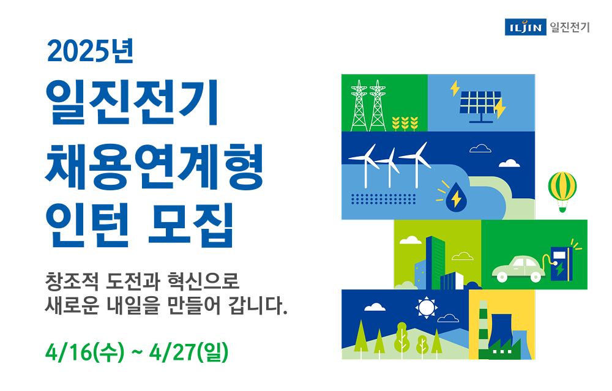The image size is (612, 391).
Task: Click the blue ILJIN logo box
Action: (525, 27)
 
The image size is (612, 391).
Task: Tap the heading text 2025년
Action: (90, 51)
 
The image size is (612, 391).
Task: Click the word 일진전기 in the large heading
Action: (132, 102)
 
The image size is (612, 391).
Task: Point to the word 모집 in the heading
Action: (190, 226)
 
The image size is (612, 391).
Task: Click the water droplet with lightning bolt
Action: (455, 198)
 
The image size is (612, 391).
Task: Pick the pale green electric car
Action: (518, 269)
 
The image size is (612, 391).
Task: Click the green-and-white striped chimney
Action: (483, 329)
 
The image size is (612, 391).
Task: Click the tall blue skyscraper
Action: (435, 262)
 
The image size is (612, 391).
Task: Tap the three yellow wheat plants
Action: (405, 124)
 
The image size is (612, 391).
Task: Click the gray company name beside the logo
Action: (569, 27)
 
